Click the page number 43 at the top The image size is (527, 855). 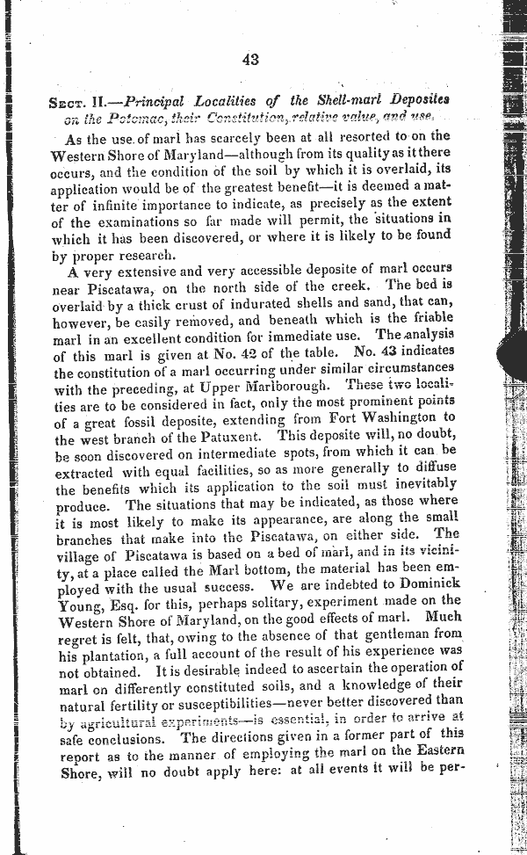click(249, 59)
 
